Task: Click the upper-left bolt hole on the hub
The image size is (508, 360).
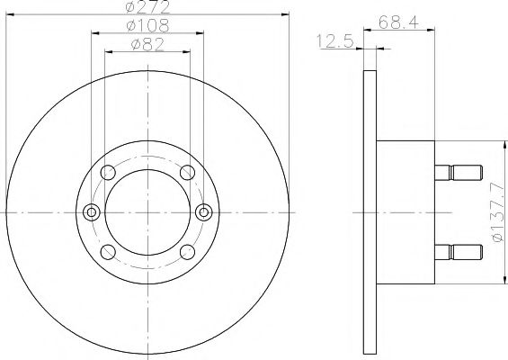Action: tap(109, 173)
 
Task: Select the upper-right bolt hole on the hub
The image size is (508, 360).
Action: tap(186, 173)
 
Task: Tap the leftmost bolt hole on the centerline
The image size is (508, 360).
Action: tap(90, 212)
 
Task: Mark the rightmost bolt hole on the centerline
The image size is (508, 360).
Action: tap(204, 212)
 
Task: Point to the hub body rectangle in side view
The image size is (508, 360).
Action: tap(405, 212)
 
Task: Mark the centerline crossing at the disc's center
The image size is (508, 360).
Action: tap(147, 212)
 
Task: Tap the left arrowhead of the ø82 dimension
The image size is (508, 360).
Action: tap(110, 50)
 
